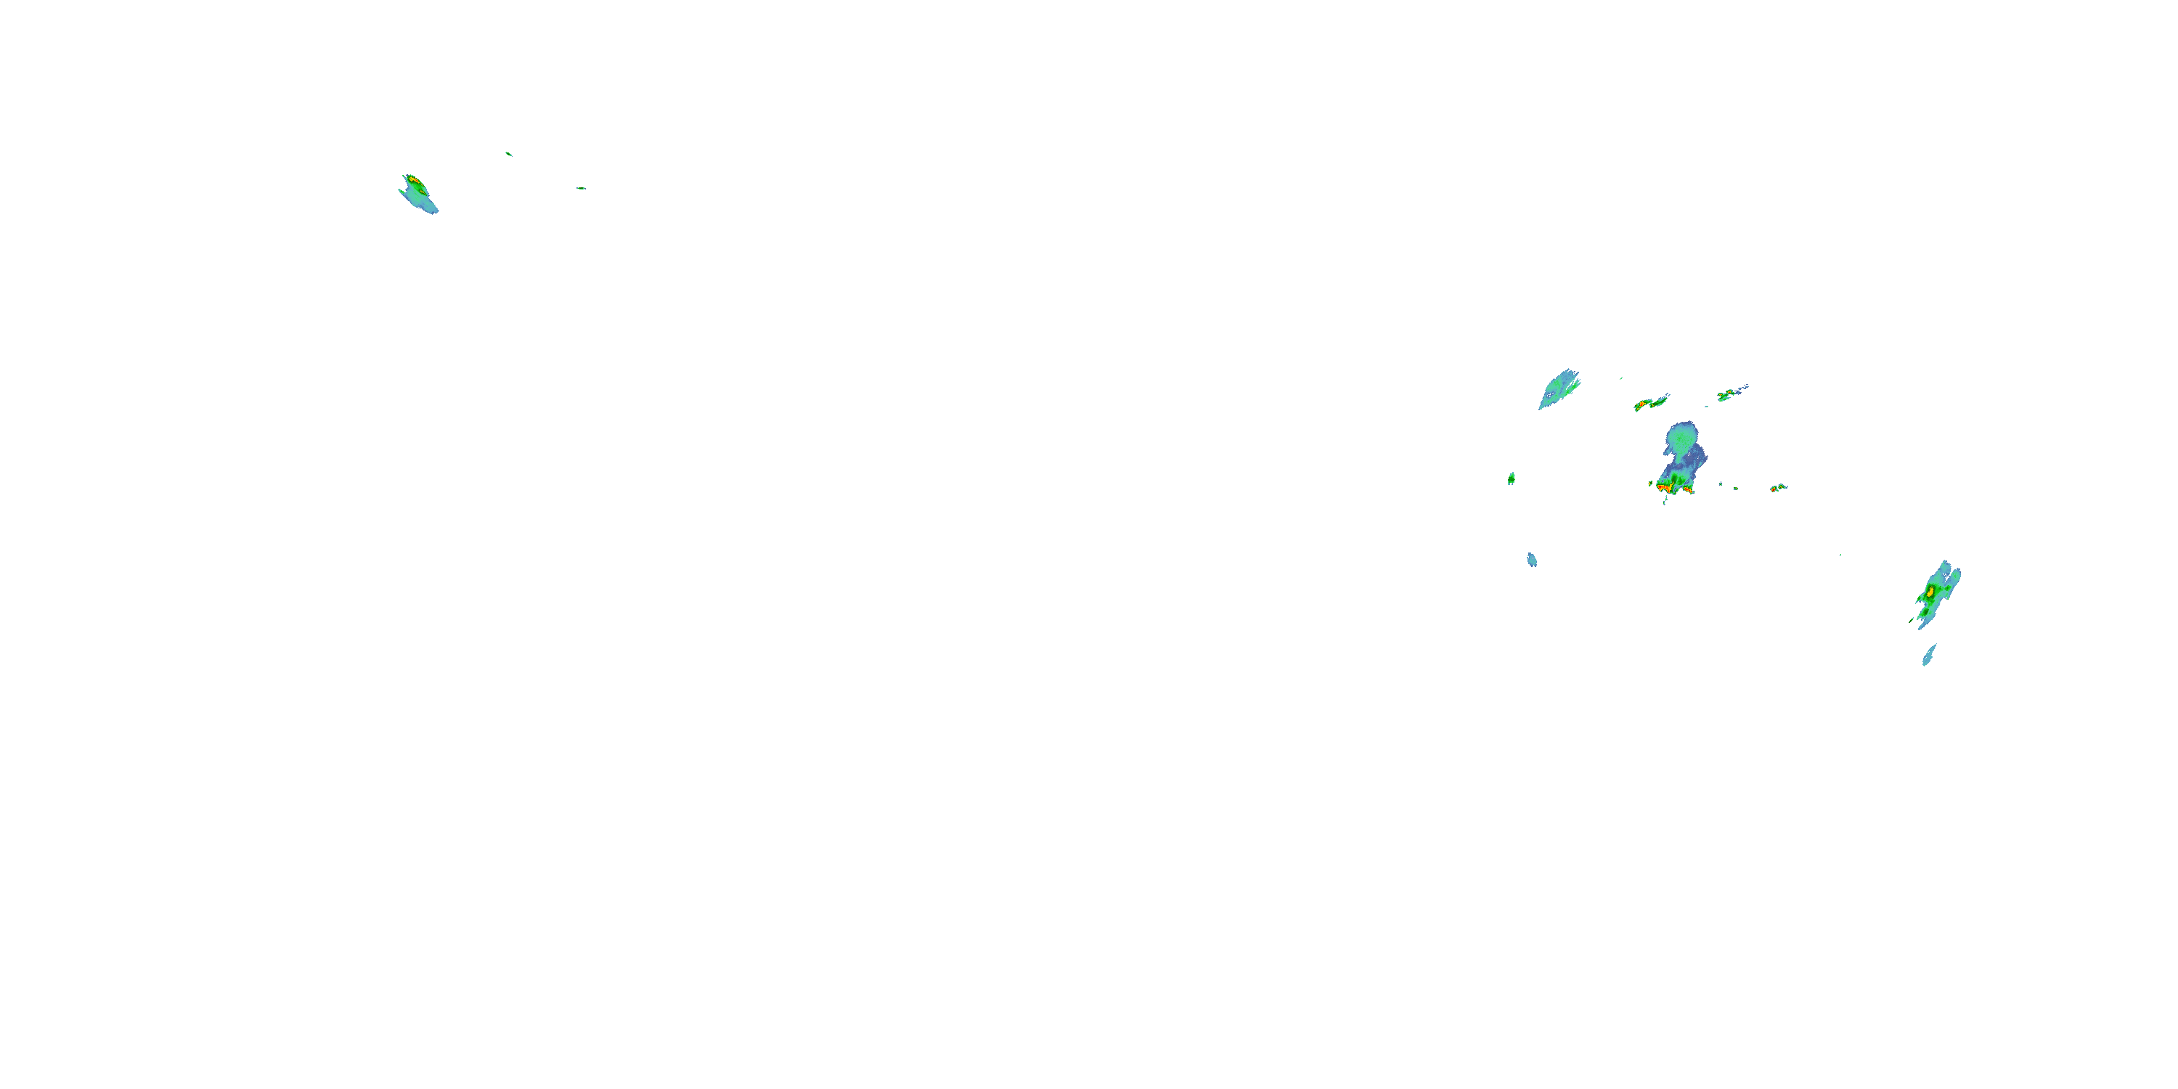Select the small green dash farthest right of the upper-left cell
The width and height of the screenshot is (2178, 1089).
point(581,188)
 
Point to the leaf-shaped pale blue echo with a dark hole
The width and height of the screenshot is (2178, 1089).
point(1557,390)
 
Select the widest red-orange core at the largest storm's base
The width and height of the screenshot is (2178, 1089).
point(1666,488)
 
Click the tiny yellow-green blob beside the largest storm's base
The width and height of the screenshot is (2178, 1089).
point(1650,484)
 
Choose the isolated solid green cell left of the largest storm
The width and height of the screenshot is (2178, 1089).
point(1511,478)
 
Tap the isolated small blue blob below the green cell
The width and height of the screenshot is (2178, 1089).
point(1532,560)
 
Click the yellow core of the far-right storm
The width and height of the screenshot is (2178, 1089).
point(1930,591)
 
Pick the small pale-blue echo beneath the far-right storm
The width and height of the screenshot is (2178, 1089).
point(1928,656)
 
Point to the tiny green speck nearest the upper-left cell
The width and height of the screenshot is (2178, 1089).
point(508,154)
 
